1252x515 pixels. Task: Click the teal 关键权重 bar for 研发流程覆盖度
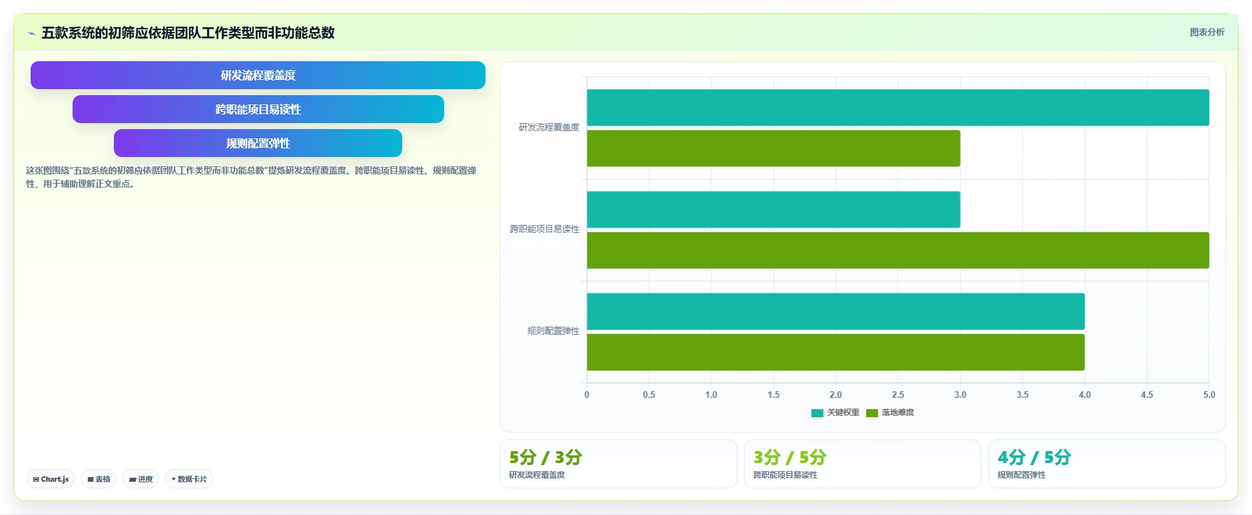898,108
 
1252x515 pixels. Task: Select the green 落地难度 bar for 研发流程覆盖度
773,148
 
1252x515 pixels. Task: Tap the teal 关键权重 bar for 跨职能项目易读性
773,210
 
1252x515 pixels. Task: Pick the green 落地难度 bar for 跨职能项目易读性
898,250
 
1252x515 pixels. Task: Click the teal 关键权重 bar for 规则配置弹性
836,311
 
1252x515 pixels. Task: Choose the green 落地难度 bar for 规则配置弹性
836,352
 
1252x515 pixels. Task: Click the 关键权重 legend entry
835,413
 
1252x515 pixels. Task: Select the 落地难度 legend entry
890,413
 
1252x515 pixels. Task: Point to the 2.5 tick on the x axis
898,395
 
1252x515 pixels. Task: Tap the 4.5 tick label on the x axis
1147,395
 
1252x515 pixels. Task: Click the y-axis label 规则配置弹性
553,331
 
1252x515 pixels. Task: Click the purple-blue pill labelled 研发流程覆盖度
258,75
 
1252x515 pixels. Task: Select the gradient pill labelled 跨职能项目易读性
258,109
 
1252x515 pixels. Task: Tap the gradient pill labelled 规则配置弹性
258,143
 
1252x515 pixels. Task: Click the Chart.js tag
51,479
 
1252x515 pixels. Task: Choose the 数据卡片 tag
189,479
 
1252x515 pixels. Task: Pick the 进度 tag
141,479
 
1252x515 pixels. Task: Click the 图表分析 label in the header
1207,32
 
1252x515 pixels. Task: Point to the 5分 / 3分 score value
545,457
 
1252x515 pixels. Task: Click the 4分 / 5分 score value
1034,457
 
